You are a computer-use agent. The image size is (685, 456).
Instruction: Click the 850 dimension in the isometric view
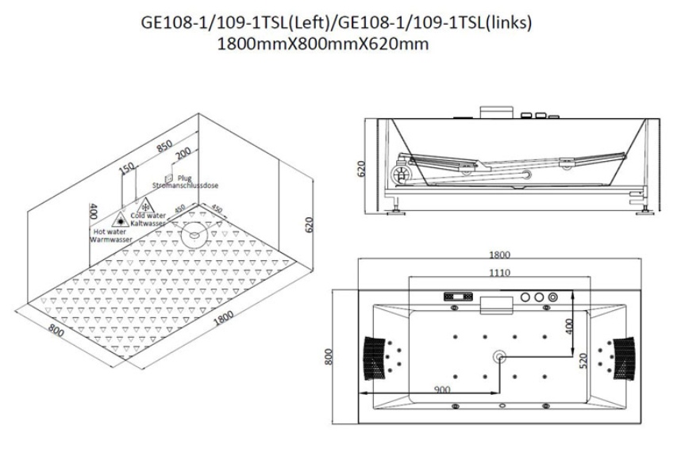164,146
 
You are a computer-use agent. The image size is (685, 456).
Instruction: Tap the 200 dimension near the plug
183,153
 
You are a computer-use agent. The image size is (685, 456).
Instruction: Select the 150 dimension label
127,168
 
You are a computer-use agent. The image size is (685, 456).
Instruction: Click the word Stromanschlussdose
185,186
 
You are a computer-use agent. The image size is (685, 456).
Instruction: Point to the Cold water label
148,216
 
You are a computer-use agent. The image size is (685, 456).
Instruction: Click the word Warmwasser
111,239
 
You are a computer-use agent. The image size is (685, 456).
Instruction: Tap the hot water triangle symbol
120,220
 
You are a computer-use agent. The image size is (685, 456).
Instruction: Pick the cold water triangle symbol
145,205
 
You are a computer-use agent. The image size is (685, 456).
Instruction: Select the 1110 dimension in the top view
499,273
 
